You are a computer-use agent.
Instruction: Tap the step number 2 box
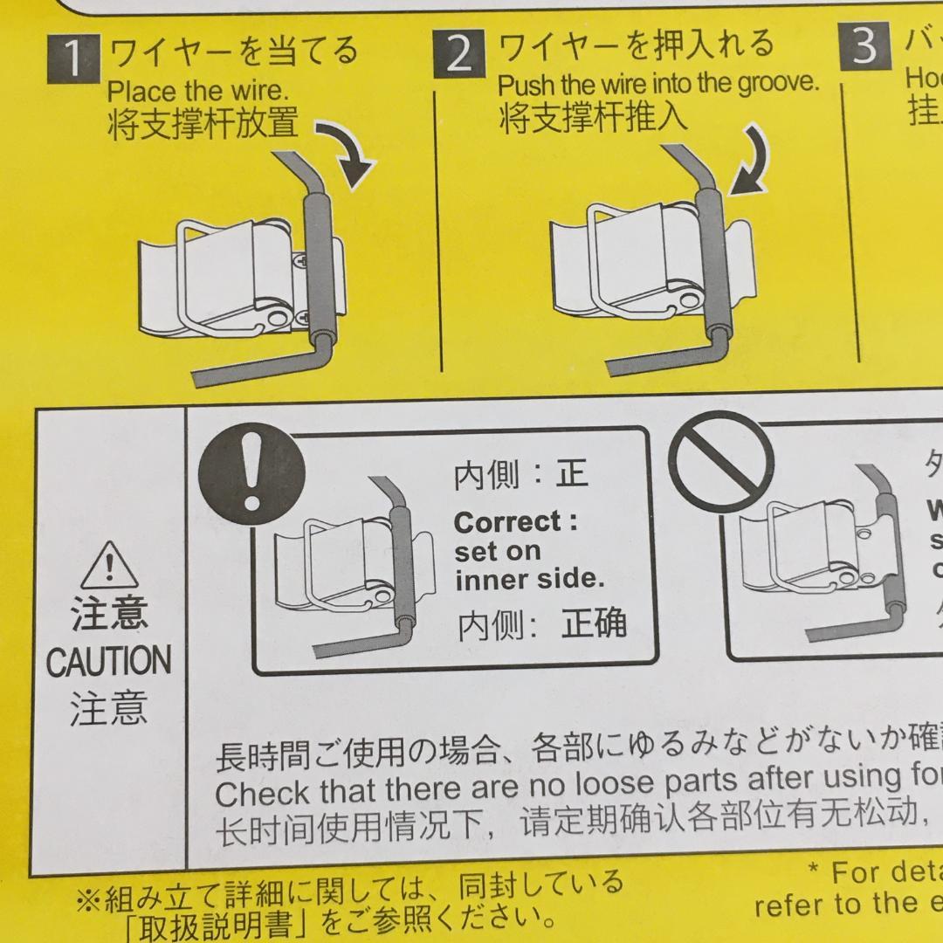tap(458, 54)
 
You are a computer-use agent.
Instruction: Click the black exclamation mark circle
tap(252, 476)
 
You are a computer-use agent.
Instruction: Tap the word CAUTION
tap(108, 661)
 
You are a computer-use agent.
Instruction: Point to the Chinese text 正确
tap(595, 623)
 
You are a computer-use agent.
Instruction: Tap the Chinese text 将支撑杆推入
tap(594, 118)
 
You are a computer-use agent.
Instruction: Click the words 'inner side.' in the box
tap(529, 581)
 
